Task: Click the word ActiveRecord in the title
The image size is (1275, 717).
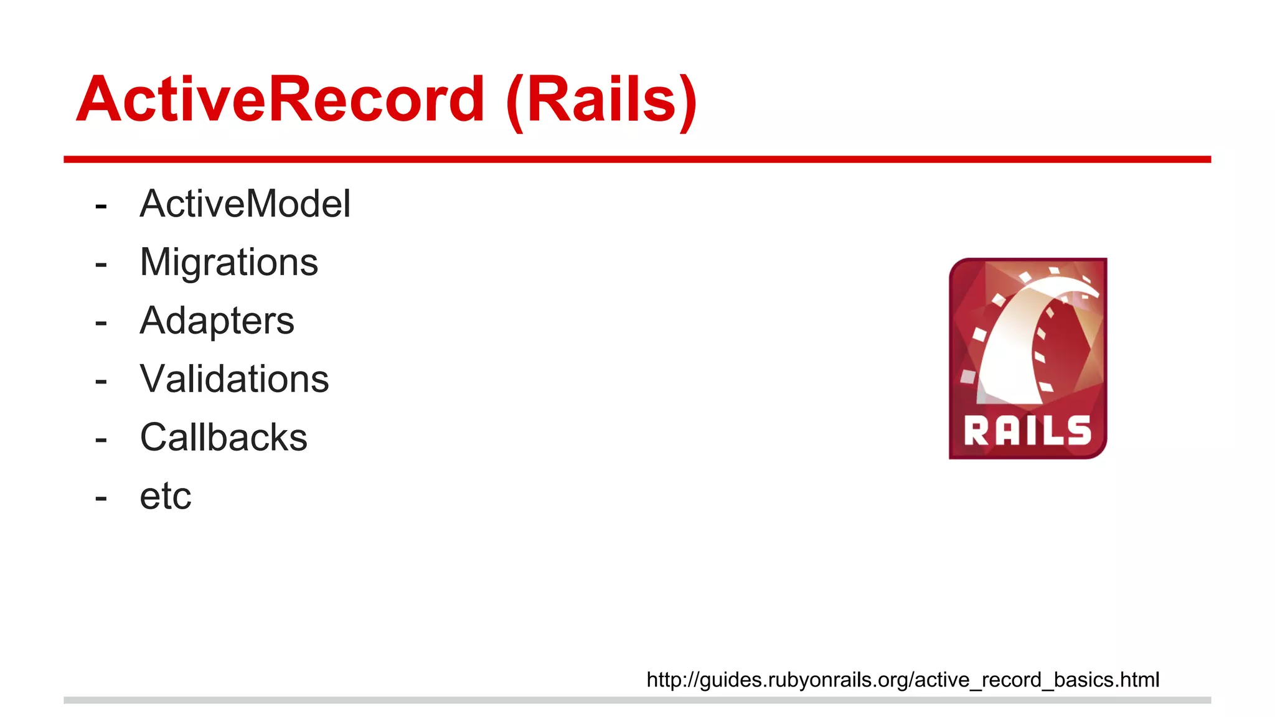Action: click(x=280, y=100)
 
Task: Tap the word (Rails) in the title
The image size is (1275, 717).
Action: click(x=601, y=101)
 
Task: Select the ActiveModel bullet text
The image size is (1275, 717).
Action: click(x=245, y=204)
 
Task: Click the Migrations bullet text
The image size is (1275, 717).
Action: click(x=229, y=262)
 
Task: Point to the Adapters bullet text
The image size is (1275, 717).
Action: click(x=217, y=321)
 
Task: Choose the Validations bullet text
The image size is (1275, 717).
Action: click(x=234, y=379)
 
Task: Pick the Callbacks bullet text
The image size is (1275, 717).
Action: click(x=223, y=438)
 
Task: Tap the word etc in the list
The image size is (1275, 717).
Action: click(x=165, y=496)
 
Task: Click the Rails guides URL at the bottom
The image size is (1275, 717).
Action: click(x=903, y=680)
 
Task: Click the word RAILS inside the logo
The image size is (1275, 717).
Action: click(x=1028, y=431)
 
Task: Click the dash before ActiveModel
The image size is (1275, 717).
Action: click(x=101, y=205)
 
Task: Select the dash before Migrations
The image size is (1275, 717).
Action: click(x=101, y=264)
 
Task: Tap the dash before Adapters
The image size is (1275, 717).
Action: click(x=101, y=322)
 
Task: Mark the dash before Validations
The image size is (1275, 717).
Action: click(x=101, y=381)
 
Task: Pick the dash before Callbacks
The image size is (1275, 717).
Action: click(x=101, y=439)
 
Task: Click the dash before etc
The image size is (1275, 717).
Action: click(x=101, y=498)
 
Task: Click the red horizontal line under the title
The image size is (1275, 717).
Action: click(x=637, y=160)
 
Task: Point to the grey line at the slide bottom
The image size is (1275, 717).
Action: click(x=637, y=700)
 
